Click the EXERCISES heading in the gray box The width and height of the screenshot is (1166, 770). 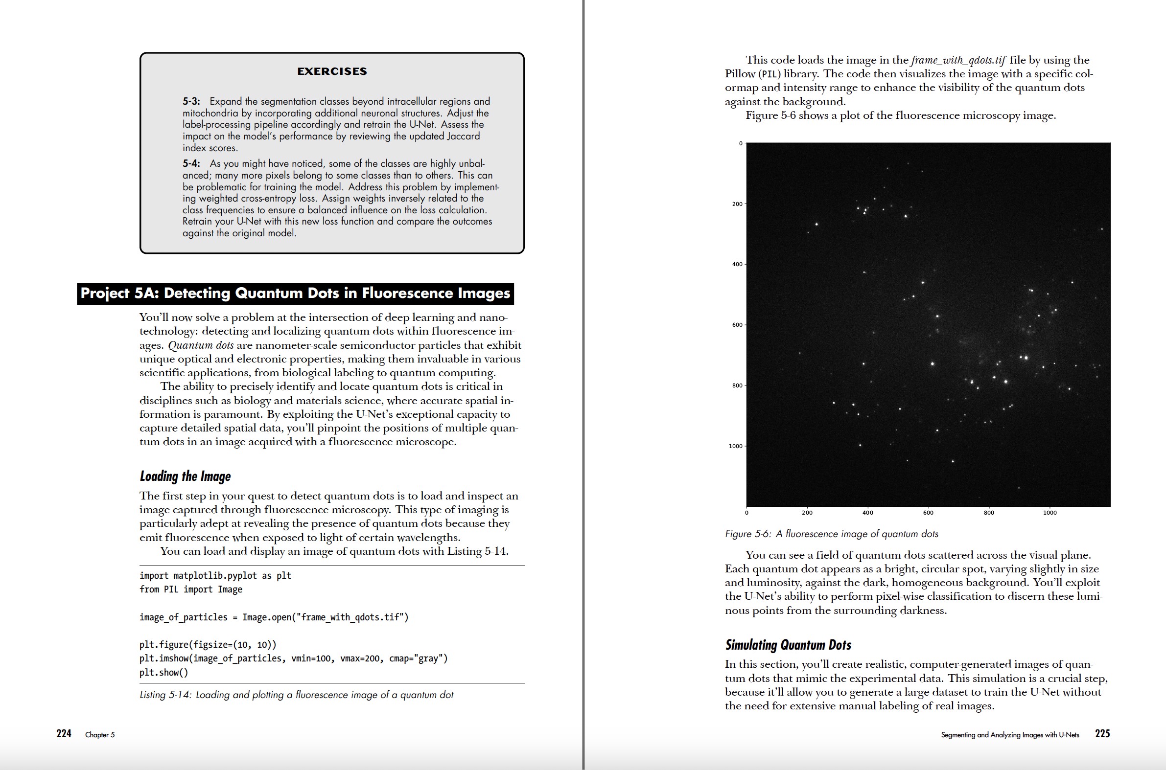332,71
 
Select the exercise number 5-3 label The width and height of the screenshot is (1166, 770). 191,101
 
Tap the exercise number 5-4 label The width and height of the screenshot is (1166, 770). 191,163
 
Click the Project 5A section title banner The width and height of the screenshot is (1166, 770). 295,293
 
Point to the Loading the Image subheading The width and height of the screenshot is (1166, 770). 185,476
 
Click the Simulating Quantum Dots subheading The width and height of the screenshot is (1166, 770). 788,645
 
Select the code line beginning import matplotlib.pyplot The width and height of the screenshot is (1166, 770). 215,575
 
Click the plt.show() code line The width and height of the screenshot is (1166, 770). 163,672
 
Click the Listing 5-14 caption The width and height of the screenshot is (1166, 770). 296,695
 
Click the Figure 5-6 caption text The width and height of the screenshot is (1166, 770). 831,534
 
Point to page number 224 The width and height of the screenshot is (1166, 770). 64,734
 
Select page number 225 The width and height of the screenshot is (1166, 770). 1102,734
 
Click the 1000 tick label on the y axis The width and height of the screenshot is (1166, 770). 735,446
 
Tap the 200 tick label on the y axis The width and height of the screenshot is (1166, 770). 737,204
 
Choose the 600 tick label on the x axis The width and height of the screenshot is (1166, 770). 928,513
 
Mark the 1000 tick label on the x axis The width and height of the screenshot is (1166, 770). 1049,513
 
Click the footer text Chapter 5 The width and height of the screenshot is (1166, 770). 100,735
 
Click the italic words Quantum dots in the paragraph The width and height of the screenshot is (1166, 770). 201,345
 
